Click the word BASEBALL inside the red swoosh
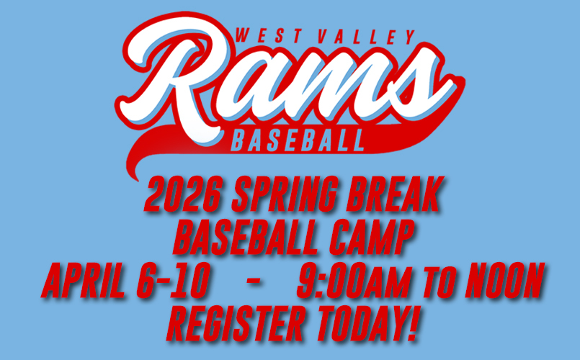(296, 140)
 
